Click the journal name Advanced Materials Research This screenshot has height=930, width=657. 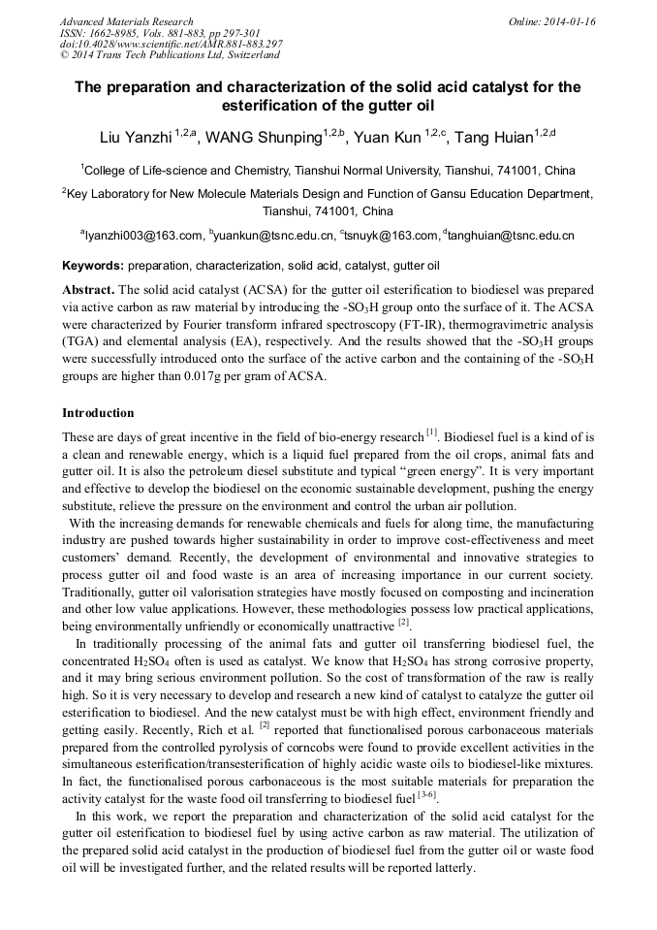tap(126, 21)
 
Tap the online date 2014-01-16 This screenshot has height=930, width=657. tap(572, 21)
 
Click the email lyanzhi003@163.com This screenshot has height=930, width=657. tap(143, 236)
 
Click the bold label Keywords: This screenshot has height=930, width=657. tap(93, 265)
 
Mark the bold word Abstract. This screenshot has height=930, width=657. tap(89, 290)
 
